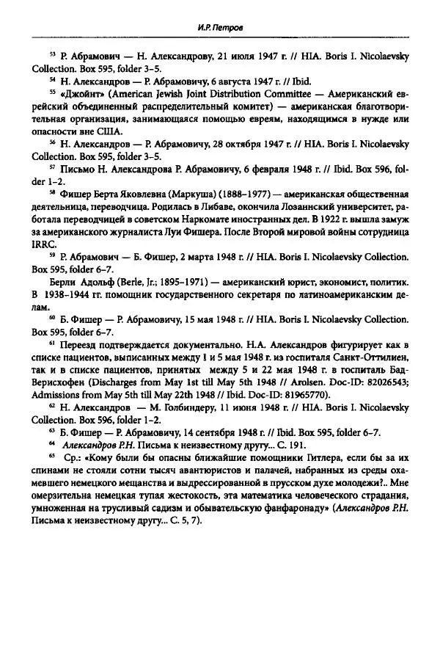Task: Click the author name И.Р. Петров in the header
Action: [x=219, y=29]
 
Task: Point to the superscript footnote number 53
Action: [x=52, y=54]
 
